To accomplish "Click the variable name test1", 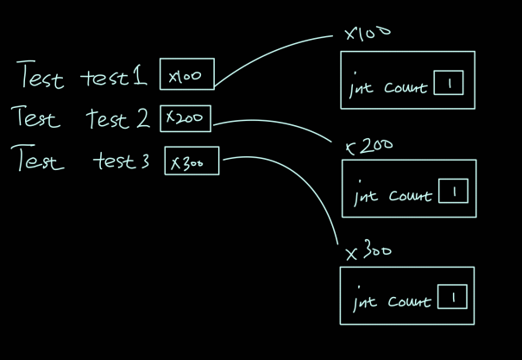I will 114,77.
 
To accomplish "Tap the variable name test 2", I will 117,119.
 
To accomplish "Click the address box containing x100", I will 186,75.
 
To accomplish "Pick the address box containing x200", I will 186,118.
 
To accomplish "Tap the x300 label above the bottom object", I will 368,252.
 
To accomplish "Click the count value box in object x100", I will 450,84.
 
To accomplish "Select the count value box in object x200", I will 453,191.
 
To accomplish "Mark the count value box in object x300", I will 452,298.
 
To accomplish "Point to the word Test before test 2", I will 37,117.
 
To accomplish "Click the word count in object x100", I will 406,88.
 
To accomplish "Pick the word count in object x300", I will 409,302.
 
